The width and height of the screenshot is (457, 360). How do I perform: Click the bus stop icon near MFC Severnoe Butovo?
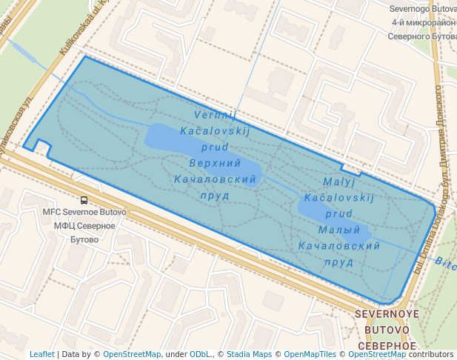tap(84, 200)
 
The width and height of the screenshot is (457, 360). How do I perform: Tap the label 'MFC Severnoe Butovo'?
tap(84, 213)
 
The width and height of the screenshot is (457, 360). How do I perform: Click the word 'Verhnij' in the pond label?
tap(215, 115)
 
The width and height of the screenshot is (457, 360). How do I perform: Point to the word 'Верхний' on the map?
tap(215, 163)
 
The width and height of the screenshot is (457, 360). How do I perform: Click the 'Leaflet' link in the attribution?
tap(42, 355)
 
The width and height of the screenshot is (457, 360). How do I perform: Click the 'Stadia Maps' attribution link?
tap(248, 355)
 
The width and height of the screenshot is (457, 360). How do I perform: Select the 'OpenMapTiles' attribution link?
tap(310, 355)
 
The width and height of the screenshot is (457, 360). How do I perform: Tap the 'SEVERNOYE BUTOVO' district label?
tap(387, 321)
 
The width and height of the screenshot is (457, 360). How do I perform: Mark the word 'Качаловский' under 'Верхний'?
tap(215, 179)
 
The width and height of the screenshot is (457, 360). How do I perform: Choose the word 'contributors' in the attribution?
tap(431, 355)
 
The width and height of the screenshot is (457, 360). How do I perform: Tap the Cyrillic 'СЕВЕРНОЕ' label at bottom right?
tap(387, 346)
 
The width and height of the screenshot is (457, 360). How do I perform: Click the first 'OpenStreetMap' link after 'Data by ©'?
tap(132, 355)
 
